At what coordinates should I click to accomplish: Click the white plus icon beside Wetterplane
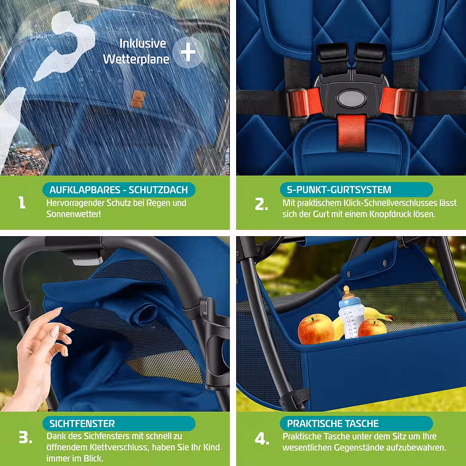tap(188, 52)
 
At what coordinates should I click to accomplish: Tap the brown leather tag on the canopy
tap(138, 99)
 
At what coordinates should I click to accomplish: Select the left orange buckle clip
tap(304, 102)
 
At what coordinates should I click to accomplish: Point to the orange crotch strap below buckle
tap(352, 132)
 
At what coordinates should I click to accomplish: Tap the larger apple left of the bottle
tap(315, 329)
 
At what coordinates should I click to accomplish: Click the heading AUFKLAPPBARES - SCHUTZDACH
tap(119, 190)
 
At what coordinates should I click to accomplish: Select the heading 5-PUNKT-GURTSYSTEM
tap(339, 190)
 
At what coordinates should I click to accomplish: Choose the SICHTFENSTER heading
tap(82, 423)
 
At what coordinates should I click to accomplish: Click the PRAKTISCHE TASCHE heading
tap(333, 423)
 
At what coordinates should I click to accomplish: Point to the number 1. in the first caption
tap(22, 202)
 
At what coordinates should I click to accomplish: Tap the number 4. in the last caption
tap(262, 439)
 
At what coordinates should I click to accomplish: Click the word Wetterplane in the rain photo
tap(136, 59)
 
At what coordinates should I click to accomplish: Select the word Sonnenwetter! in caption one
tap(73, 214)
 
